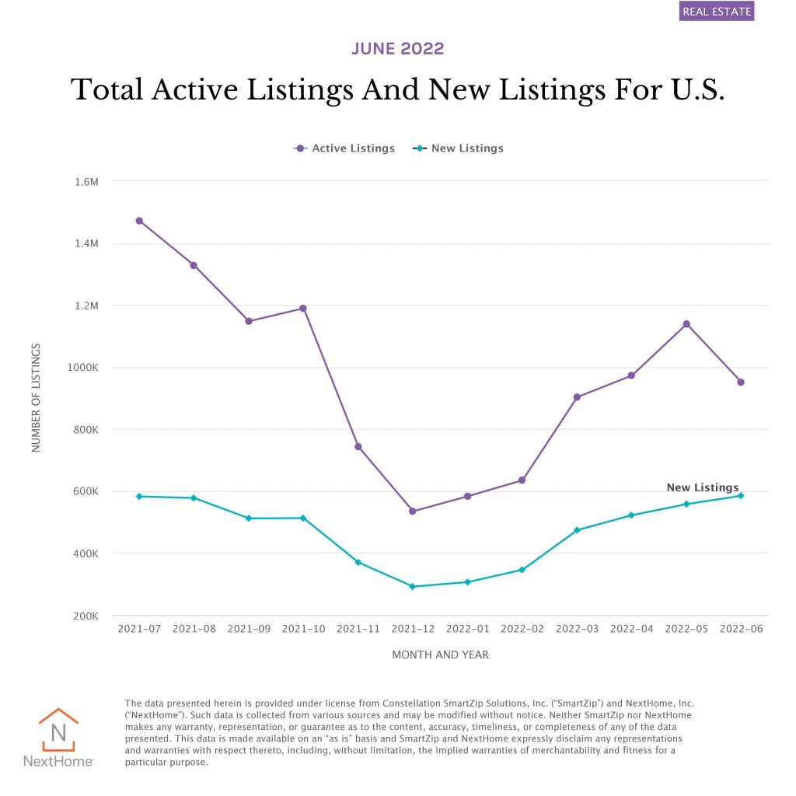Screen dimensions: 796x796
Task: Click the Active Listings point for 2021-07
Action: [x=139, y=221]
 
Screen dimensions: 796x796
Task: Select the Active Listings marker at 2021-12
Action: [x=413, y=511]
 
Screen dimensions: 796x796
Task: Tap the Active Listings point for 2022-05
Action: [x=686, y=324]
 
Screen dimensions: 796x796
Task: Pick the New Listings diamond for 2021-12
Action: [x=413, y=587]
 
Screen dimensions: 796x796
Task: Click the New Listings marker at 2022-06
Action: [x=741, y=496]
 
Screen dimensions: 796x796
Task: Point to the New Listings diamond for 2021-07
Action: [x=139, y=496]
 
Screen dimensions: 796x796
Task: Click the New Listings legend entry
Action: [x=458, y=148]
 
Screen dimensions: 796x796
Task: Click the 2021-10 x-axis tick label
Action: [x=303, y=628]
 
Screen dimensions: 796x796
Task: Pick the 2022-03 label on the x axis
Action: [x=577, y=628]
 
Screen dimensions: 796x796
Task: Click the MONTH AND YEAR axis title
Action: [x=440, y=655]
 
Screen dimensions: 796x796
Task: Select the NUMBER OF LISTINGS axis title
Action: [x=36, y=398]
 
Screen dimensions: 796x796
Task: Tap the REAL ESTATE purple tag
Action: [x=717, y=12]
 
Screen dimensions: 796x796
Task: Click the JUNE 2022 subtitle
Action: [x=398, y=49]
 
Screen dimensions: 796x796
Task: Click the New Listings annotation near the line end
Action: [x=703, y=487]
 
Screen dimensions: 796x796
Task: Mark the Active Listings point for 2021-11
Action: [x=358, y=447]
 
